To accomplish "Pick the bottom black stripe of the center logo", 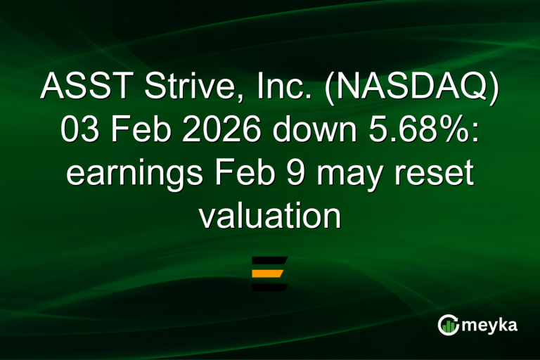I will pos(269,286).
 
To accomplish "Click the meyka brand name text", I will pos(491,325).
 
